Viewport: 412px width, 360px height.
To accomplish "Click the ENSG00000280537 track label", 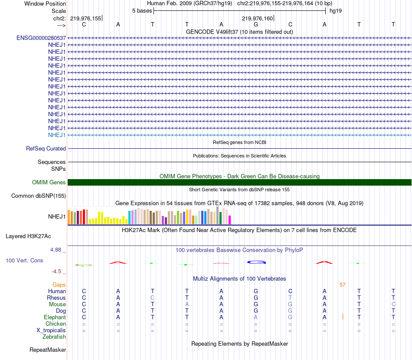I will pos(41,38).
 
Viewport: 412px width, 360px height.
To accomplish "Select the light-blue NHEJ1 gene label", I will pos(57,135).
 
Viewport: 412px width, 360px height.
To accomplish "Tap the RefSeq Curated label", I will pos(46,148).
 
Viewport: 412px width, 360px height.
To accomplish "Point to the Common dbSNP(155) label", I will pos(39,196).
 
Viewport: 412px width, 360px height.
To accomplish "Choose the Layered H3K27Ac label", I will pos(28,236).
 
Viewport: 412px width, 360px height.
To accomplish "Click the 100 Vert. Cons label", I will pos(24,261).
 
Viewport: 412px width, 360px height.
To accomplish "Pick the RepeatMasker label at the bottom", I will pos(48,350).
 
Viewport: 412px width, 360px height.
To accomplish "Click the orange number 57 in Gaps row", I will pos(343,285).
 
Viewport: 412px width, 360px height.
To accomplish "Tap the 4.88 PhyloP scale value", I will pos(56,250).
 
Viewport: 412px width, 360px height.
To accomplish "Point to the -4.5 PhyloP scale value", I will pos(56,272).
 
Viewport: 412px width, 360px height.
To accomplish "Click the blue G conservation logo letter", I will pos(256,262).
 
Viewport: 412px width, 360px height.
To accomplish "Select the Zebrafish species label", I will pos(54,337).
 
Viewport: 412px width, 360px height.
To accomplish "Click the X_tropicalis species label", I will pos(51,330).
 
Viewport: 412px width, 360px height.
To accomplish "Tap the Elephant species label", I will pos(55,317).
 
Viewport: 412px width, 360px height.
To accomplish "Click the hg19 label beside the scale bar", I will pos(336,10).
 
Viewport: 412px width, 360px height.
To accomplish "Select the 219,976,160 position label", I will pos(258,18).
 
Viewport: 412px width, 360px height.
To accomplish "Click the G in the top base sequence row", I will pos(256,24).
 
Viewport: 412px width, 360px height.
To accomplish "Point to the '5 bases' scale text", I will pos(142,10).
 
